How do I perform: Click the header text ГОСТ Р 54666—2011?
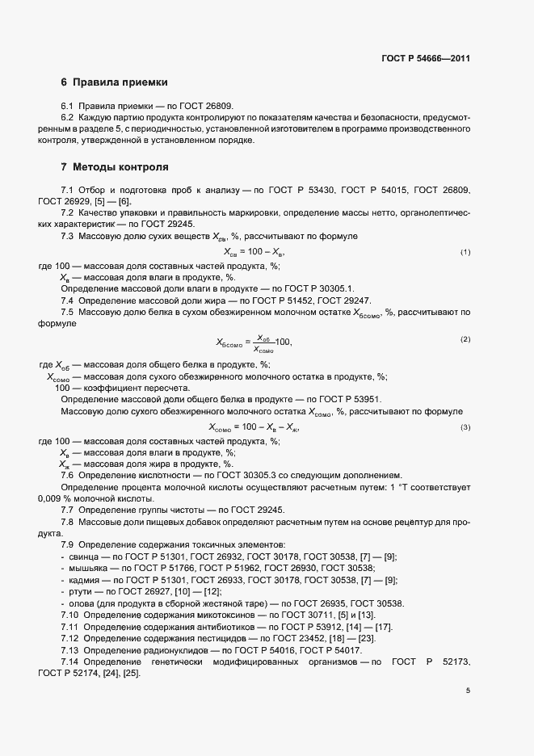[426, 59]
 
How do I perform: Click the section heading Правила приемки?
[120, 82]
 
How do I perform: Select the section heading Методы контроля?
[120, 168]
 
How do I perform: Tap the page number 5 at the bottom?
[468, 691]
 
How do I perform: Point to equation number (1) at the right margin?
[465, 253]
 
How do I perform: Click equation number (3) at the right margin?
[465, 427]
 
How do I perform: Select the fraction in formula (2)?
[263, 343]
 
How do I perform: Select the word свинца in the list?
[84, 558]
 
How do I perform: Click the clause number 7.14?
[71, 662]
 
